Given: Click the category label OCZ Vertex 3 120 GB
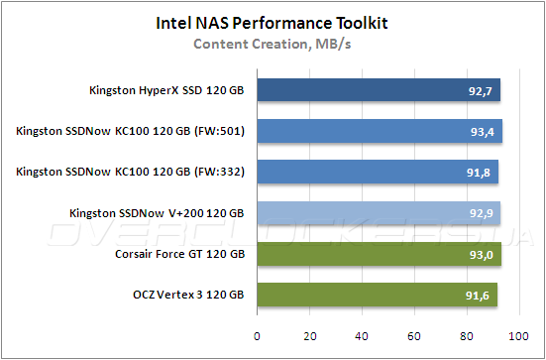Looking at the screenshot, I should (x=190, y=295).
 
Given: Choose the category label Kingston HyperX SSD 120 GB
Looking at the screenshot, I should (x=165, y=91).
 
